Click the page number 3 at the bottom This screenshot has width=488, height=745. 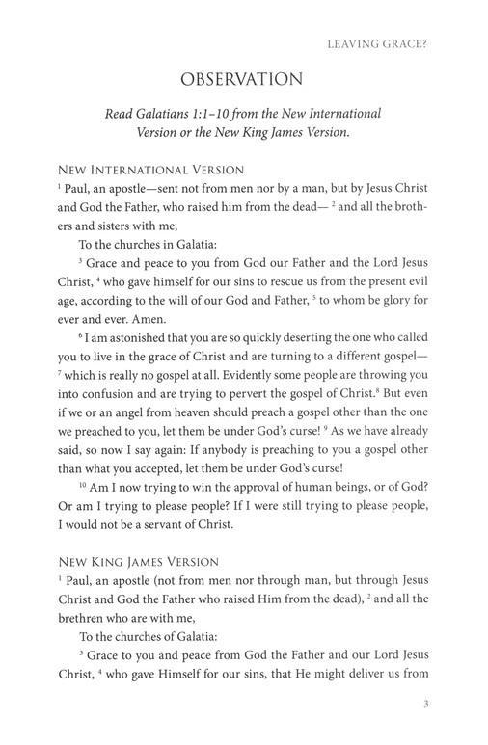pos(425,705)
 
